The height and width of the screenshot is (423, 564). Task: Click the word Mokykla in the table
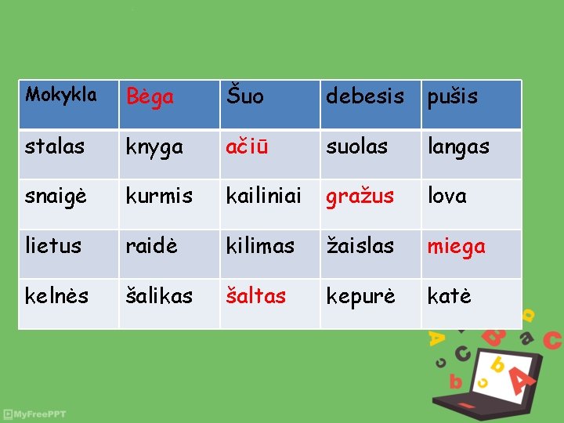61,96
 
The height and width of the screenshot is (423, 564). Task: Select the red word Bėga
150,97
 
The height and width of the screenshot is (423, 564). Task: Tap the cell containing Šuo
245,97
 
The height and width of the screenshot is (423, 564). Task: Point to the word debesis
365,97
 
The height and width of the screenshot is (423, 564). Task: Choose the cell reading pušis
452,98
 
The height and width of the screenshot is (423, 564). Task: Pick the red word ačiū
247,147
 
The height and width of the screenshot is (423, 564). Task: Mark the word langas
458,147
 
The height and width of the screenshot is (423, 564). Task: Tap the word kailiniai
264,197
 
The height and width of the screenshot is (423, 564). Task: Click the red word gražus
360,197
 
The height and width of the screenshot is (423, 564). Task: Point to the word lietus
53,246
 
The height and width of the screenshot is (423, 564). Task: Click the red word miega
456,247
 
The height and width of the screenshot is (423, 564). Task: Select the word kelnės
57,296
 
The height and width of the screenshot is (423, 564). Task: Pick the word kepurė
361,297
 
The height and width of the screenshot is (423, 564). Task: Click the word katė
449,296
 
